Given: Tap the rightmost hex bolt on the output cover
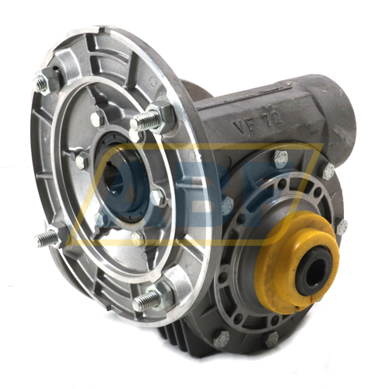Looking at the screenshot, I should click(342, 226).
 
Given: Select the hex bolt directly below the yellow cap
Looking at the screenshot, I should click(272, 338).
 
